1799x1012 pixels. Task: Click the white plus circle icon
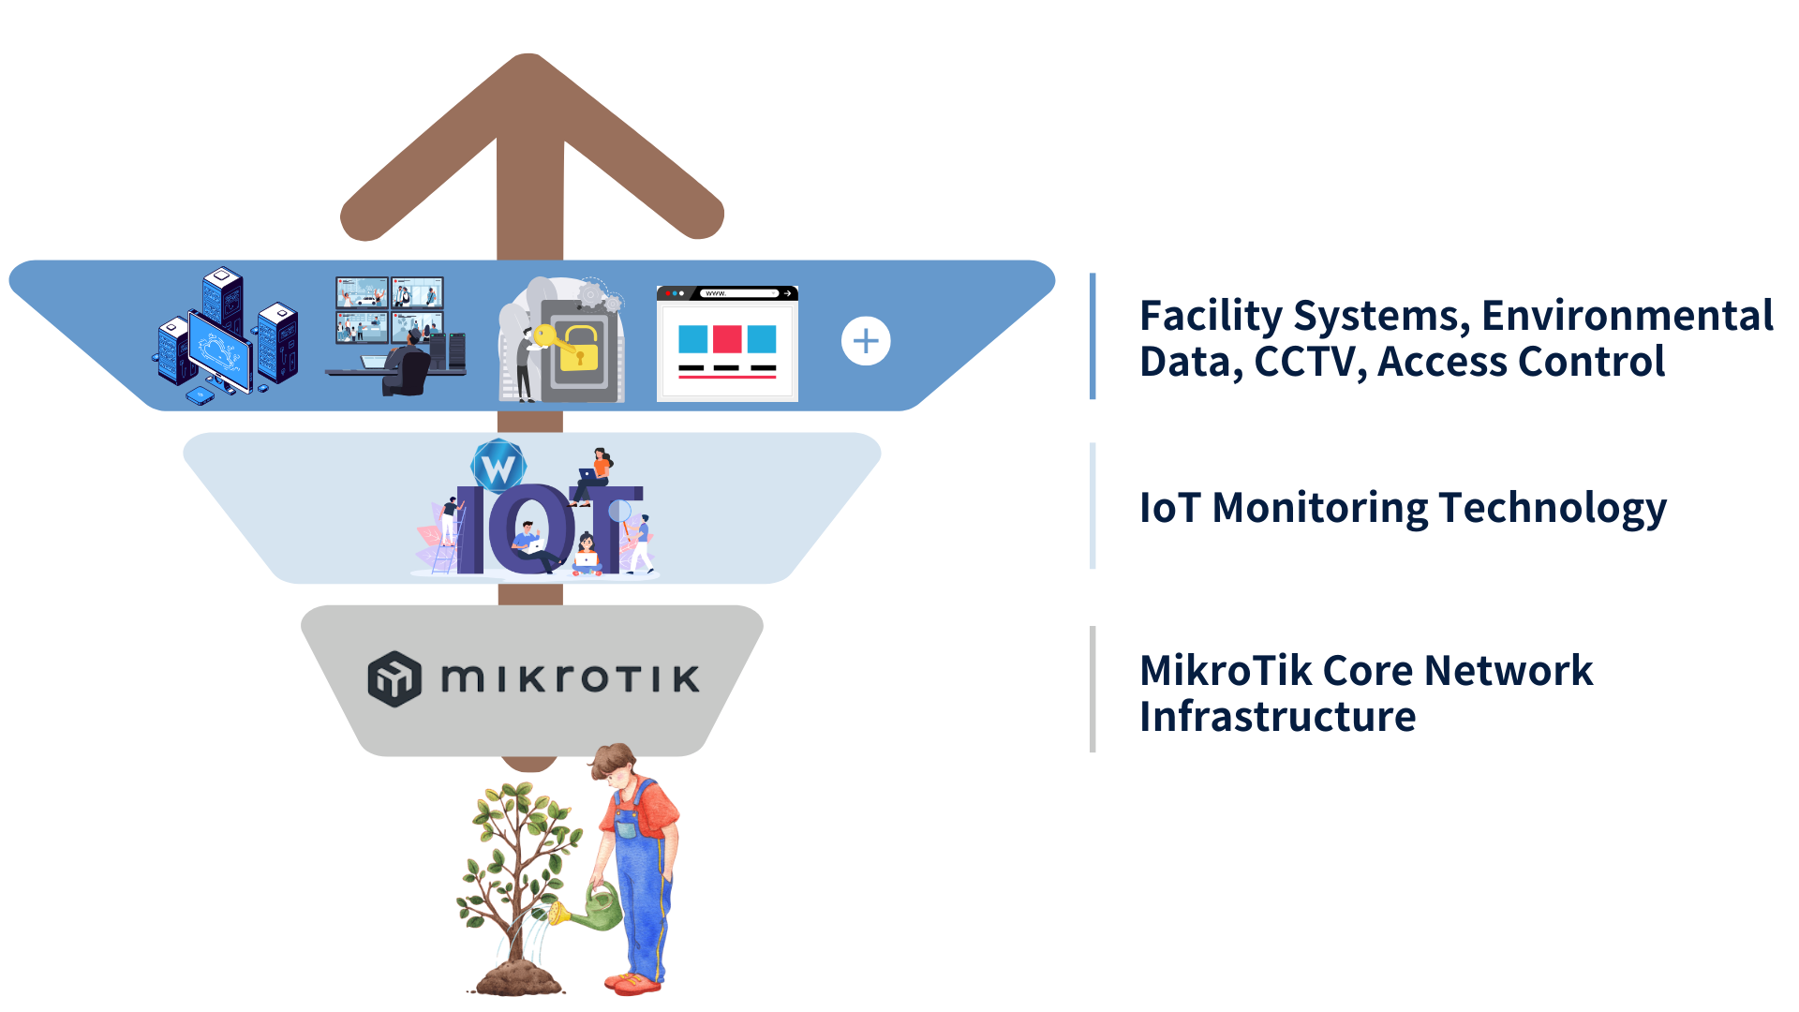(866, 341)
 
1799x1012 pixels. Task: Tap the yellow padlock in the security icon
(579, 349)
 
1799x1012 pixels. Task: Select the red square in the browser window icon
(727, 339)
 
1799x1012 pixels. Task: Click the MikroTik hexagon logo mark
(394, 678)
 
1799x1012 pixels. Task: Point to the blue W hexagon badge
(498, 466)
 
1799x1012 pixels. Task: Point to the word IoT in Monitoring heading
(1169, 508)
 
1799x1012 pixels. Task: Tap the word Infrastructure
(1277, 717)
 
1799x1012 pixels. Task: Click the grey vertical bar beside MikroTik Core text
(1093, 689)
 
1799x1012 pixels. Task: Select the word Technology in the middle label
(1553, 509)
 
